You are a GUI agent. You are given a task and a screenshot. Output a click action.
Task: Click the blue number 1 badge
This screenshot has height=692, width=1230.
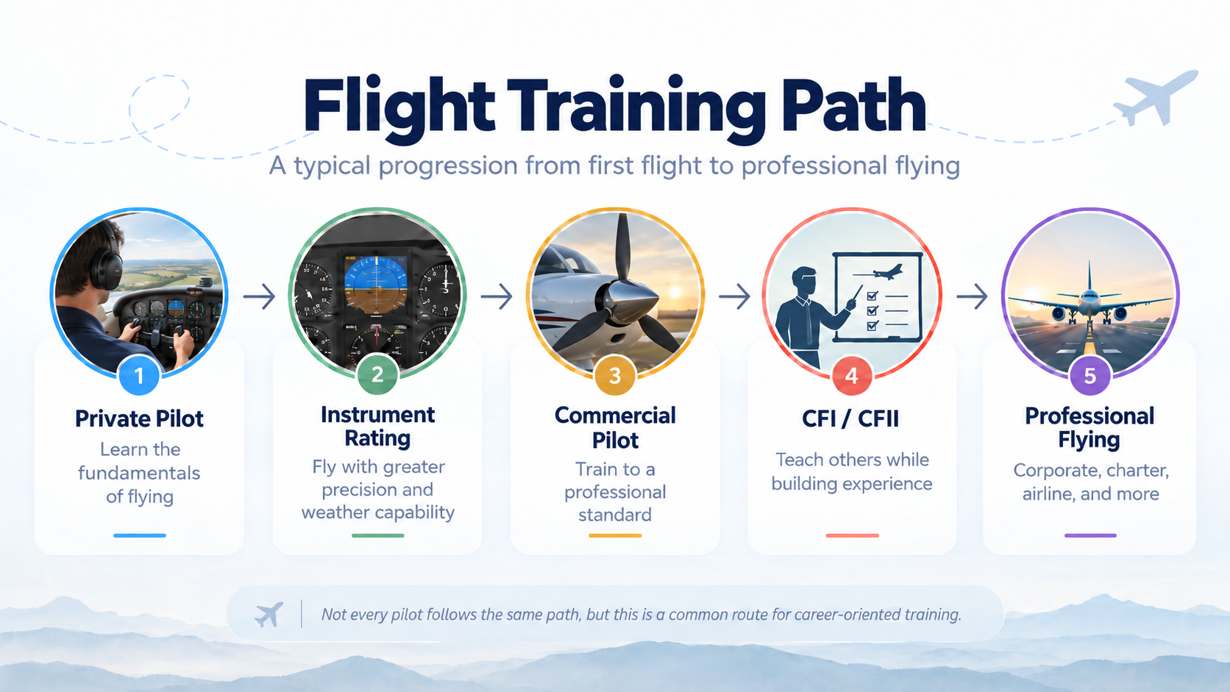pyautogui.click(x=139, y=376)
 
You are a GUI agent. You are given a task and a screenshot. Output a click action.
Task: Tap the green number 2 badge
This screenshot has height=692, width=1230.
pyautogui.click(x=377, y=375)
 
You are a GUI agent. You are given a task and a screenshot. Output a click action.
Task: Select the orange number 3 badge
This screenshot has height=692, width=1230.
pyautogui.click(x=615, y=376)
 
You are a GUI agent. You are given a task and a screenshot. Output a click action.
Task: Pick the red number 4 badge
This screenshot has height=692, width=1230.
pyautogui.click(x=852, y=376)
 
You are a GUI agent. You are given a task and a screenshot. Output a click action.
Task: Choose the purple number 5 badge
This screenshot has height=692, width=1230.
pyautogui.click(x=1090, y=376)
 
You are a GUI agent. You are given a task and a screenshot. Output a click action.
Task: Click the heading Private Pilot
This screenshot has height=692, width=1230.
pyautogui.click(x=139, y=418)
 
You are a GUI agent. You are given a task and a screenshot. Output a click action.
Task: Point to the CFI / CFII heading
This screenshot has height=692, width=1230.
pyautogui.click(x=850, y=418)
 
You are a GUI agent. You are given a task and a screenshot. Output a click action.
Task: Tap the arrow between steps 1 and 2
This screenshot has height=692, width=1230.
pyautogui.click(x=259, y=296)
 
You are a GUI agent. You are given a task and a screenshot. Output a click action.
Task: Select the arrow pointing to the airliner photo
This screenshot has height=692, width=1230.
pyautogui.click(x=972, y=296)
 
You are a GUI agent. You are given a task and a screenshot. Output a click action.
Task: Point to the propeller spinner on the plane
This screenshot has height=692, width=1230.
pyautogui.click(x=630, y=301)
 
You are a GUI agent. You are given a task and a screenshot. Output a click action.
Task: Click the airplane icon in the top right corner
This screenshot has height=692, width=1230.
pyautogui.click(x=1155, y=97)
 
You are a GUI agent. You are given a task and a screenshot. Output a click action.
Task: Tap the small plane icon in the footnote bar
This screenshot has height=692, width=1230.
pyautogui.click(x=269, y=614)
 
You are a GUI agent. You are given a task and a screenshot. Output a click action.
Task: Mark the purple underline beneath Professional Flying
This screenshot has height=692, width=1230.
pyautogui.click(x=1090, y=535)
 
